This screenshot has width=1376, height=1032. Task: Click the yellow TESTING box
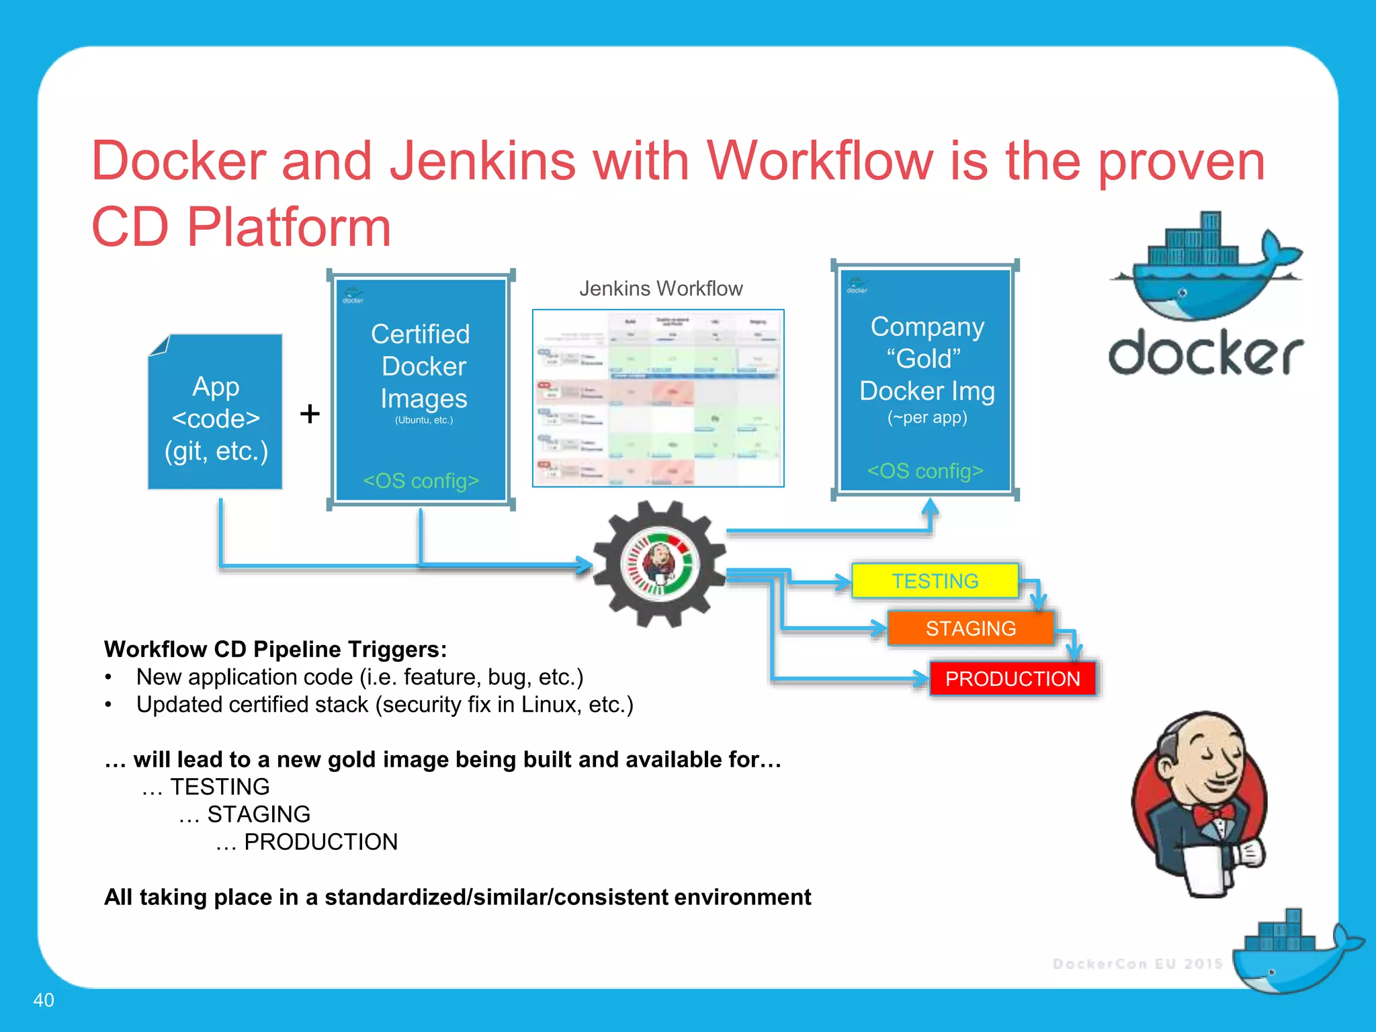pos(935,580)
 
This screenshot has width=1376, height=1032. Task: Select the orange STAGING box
pos(970,628)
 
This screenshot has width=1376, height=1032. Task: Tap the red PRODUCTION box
pos(1013,679)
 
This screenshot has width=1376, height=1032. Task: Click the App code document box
pos(216,417)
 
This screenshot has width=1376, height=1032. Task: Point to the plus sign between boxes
pos(310,414)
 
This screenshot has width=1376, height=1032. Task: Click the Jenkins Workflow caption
pos(660,288)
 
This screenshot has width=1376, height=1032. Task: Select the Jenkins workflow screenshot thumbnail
pos(658,398)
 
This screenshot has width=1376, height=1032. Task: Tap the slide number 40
pos(44,1000)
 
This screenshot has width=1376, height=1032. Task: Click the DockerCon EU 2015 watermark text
pos(1137,964)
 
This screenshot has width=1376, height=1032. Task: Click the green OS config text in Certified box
pos(421,481)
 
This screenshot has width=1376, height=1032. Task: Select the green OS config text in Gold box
pos(925,471)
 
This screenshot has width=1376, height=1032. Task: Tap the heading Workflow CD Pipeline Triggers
pos(275,649)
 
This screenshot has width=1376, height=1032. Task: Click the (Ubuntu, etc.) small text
pos(423,420)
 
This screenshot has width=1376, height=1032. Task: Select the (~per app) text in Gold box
pos(927,417)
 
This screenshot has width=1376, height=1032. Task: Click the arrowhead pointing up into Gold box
pos(930,507)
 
